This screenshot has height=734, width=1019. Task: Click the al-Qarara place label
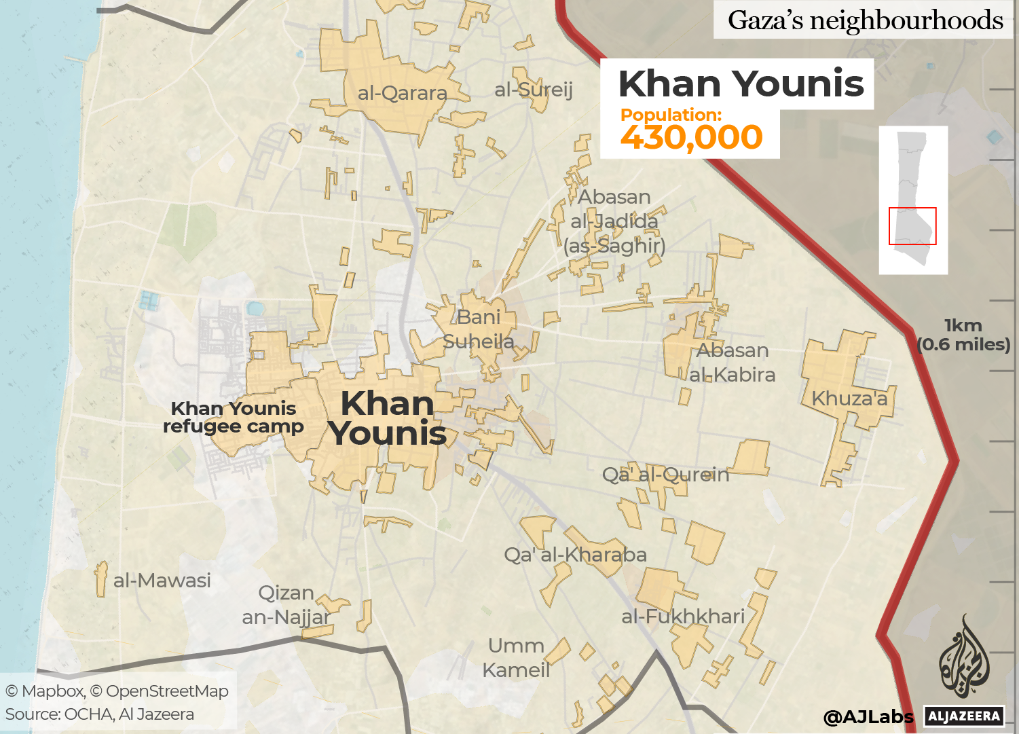(402, 93)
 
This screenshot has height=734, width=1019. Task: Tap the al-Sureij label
(534, 90)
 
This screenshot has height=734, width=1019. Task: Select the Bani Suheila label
(479, 329)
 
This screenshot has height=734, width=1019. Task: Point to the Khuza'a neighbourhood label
(849, 399)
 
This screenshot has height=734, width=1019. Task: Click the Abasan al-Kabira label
(733, 363)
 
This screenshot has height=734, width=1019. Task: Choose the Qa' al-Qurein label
(665, 475)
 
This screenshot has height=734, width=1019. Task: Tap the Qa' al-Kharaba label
(575, 555)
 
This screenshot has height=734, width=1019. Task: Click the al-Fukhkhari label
(683, 617)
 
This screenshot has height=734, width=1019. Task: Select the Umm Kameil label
(516, 657)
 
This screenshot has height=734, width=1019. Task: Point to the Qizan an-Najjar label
(286, 605)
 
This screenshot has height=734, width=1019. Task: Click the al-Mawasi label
(162, 581)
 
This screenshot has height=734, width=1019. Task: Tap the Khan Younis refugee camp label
(234, 417)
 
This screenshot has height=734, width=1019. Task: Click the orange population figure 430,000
(691, 137)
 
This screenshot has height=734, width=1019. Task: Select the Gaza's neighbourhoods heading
(865, 20)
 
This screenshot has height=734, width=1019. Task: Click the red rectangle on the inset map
(912, 226)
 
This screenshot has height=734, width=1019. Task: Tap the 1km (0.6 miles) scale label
(963, 335)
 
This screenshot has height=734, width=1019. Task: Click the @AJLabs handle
(868, 716)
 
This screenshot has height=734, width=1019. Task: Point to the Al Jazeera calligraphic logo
(964, 657)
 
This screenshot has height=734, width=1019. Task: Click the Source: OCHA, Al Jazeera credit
(100, 714)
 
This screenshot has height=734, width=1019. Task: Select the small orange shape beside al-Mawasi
(101, 579)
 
